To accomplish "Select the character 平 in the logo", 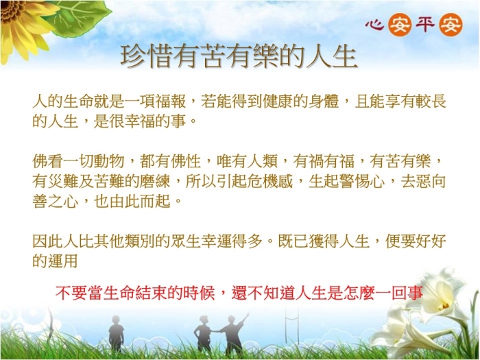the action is [x=425, y=25].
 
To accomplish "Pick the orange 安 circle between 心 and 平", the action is [x=399, y=25].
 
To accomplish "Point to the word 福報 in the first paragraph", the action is [x=171, y=101].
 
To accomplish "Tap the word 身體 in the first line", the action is [x=324, y=101].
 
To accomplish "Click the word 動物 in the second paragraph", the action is [x=109, y=161].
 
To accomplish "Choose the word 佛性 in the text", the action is [x=186, y=161].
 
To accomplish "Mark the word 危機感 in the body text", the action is [x=270, y=181].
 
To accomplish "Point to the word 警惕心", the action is [x=362, y=181].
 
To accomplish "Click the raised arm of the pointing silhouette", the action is [x=243, y=319].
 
